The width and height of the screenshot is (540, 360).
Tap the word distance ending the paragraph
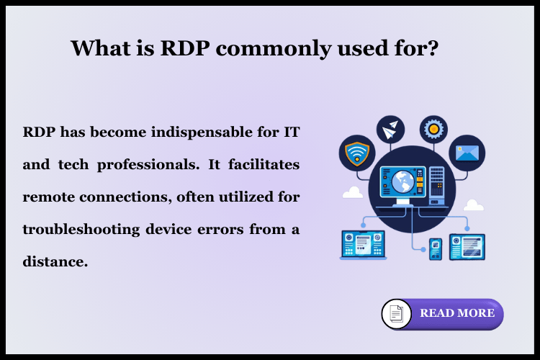(x=55, y=261)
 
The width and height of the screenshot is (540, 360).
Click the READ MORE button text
(x=457, y=313)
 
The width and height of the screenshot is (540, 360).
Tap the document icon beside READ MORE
(x=396, y=314)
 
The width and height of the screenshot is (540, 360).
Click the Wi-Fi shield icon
(x=356, y=152)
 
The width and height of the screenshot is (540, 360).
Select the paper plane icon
(x=390, y=130)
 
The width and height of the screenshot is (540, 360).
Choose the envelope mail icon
(x=467, y=153)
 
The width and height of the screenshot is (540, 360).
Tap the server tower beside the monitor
(x=437, y=183)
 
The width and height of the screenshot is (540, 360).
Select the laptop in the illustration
(x=363, y=246)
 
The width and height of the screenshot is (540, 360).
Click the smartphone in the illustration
(x=436, y=248)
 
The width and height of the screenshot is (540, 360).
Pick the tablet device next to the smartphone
(x=467, y=246)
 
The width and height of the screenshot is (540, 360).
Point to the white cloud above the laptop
(x=352, y=193)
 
